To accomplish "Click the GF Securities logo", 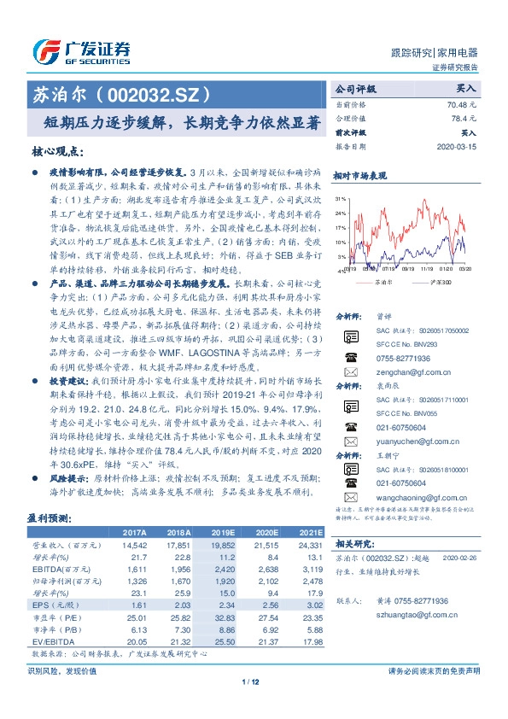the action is pyautogui.click(x=82, y=52).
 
